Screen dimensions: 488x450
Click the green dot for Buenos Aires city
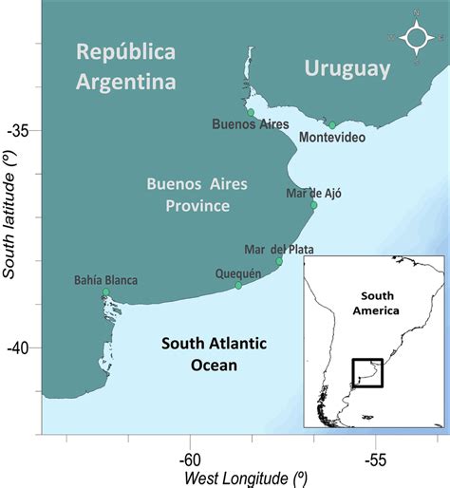click(251, 112)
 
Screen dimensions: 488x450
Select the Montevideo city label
click(331, 138)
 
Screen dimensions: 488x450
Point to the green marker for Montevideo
click(332, 124)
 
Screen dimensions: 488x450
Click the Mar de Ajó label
click(312, 193)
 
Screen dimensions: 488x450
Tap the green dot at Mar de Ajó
click(314, 204)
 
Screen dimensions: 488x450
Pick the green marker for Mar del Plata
click(279, 261)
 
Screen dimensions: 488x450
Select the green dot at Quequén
click(238, 286)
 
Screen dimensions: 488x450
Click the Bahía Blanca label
click(105, 280)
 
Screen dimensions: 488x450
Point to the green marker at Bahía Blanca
click(105, 292)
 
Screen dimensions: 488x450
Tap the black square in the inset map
click(366, 373)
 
